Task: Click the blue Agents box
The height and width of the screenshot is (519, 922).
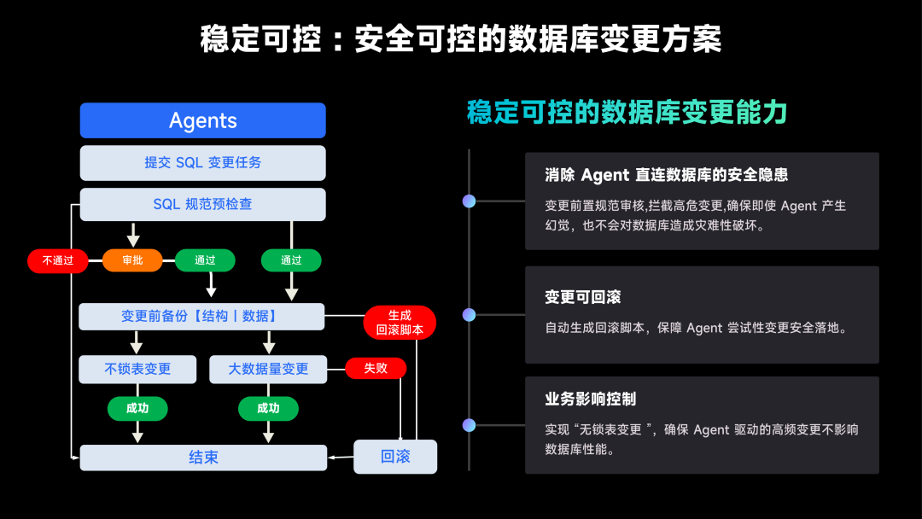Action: (203, 120)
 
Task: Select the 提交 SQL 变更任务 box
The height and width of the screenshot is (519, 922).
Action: (203, 163)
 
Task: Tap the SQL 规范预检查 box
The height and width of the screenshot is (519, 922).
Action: (203, 205)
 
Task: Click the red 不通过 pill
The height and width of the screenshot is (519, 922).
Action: (58, 260)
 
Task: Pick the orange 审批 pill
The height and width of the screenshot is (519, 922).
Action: (132, 260)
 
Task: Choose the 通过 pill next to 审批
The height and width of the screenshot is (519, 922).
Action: (205, 260)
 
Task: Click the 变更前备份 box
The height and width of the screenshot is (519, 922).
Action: (201, 316)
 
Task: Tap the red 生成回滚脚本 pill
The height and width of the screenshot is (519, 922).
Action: (400, 323)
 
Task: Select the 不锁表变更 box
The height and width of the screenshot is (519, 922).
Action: (137, 369)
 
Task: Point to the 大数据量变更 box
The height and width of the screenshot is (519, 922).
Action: (268, 369)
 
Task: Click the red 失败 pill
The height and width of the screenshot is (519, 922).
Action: (376, 369)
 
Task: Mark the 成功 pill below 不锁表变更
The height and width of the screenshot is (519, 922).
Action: (137, 409)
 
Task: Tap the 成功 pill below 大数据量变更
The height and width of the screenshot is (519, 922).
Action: (268, 409)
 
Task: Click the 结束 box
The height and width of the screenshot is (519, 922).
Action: (203, 458)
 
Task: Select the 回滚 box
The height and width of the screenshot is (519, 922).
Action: (395, 457)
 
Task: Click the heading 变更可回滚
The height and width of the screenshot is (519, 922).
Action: (583, 297)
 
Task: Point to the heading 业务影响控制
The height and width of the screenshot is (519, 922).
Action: (591, 399)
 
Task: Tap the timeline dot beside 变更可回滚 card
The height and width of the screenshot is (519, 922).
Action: (470, 315)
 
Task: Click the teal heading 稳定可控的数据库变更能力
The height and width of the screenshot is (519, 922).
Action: (627, 113)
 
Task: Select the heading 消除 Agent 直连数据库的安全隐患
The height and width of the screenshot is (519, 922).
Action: (666, 175)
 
